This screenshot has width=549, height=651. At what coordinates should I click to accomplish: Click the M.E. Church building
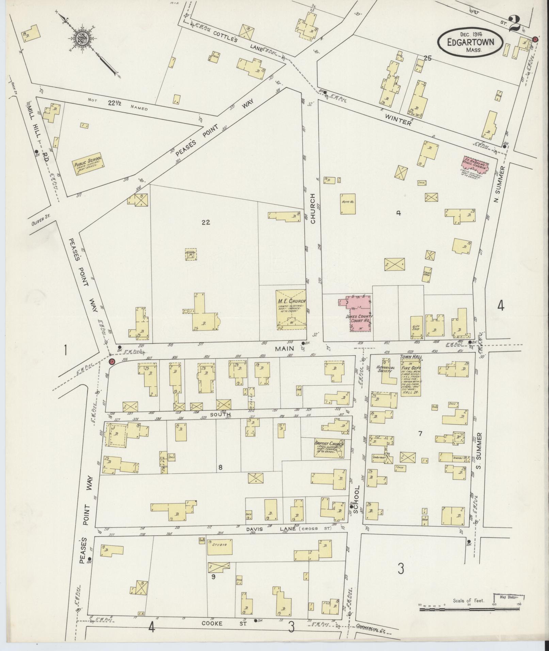pos(290,309)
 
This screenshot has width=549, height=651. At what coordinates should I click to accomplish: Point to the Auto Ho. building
pos(348,204)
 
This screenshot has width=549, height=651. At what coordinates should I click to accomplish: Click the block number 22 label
pos(206,222)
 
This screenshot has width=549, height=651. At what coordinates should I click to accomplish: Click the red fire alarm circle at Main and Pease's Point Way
pos(112,361)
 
